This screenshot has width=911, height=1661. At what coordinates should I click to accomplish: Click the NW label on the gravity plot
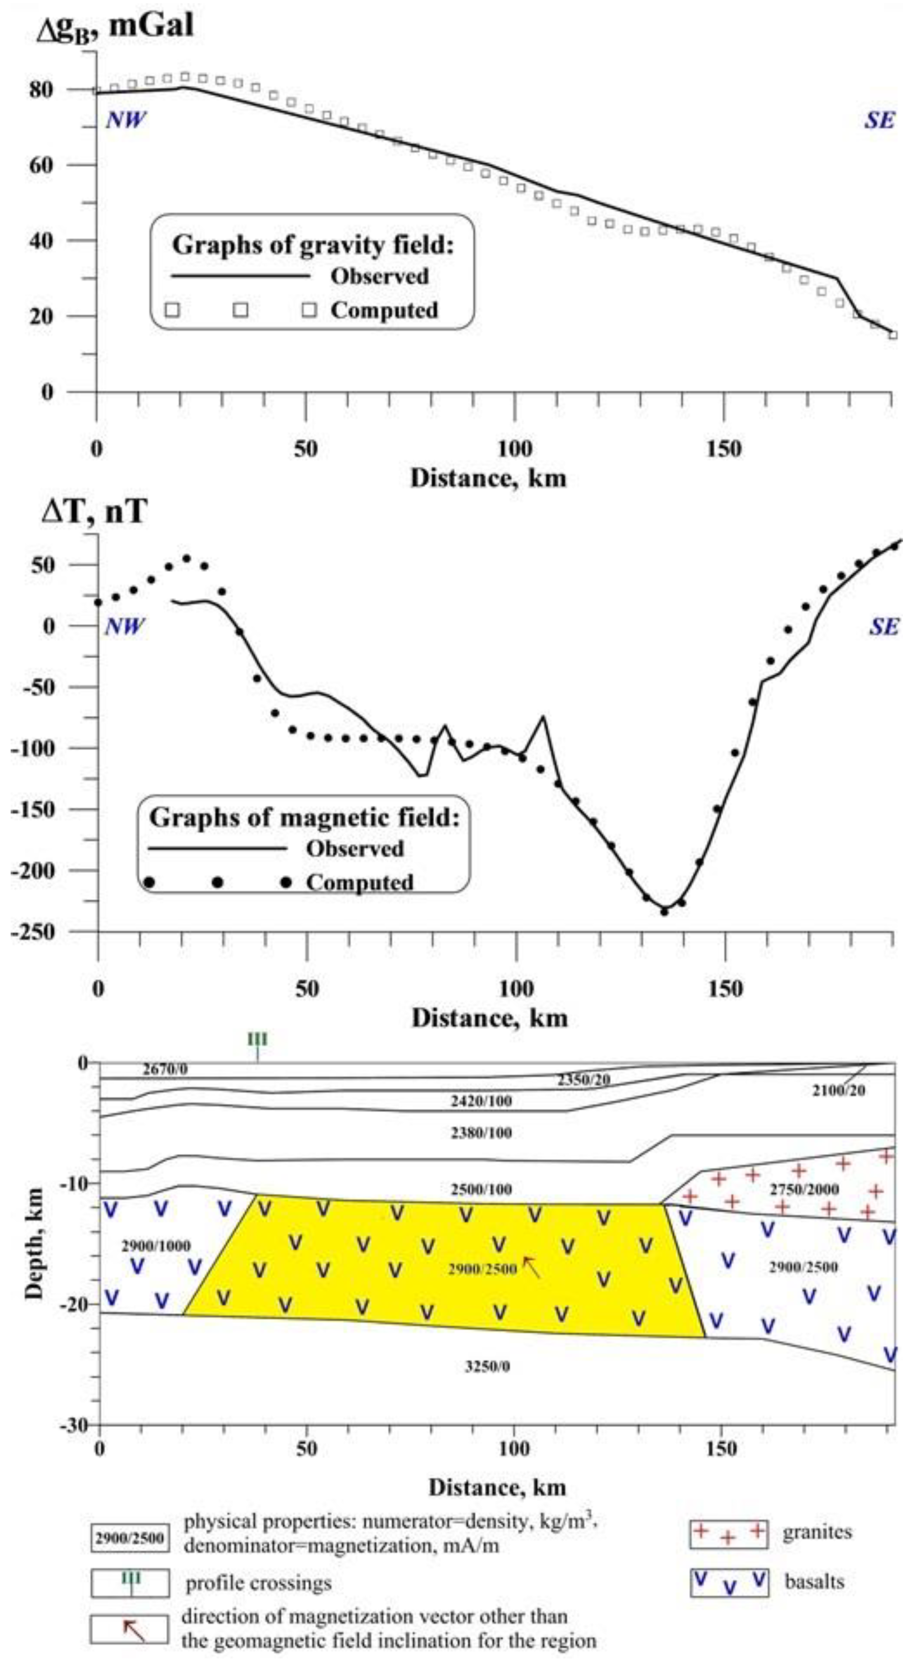[x=126, y=120]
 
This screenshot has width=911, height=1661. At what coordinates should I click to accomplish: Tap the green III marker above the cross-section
[x=257, y=1039]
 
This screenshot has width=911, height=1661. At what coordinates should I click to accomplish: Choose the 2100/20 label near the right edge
[x=838, y=1090]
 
